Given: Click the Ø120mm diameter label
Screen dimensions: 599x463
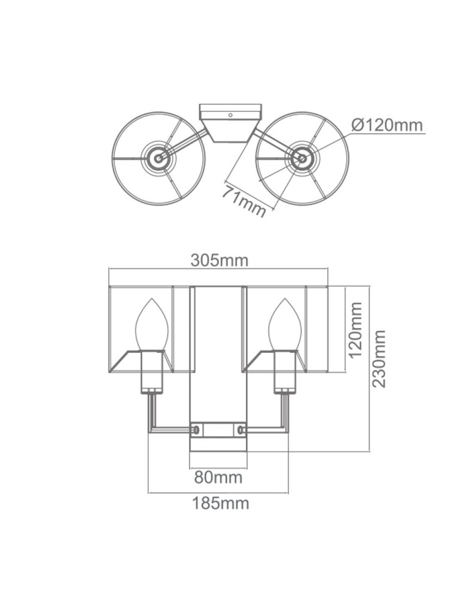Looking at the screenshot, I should point(387,125).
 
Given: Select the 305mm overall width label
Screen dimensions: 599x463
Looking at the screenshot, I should point(219,261).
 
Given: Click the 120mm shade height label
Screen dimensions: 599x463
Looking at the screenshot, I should point(356,329).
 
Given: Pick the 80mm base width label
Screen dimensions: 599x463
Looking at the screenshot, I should point(218,477).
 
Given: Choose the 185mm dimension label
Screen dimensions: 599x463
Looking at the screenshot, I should point(220,503).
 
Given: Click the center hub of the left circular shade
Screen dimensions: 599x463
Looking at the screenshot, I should point(159,159).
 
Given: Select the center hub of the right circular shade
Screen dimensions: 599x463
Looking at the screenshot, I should point(301,159).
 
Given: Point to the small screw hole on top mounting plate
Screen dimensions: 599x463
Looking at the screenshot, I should point(230,114).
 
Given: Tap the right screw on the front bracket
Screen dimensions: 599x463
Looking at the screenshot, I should point(242,430).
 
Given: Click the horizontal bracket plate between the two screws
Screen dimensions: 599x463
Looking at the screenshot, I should point(218,430).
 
